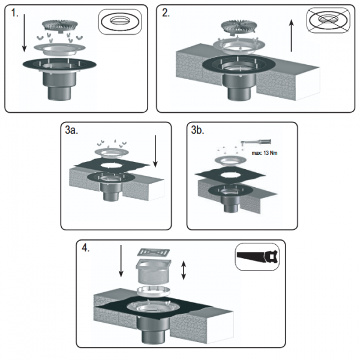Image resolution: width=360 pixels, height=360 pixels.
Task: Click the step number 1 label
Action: click(x=14, y=13)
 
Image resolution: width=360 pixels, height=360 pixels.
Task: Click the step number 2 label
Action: click(x=166, y=13)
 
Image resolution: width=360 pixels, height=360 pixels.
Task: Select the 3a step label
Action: click(x=71, y=130)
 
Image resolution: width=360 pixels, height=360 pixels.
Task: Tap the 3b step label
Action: click(x=197, y=130)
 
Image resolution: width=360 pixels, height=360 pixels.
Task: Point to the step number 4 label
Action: click(x=85, y=248)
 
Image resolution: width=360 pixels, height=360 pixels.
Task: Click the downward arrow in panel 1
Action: click(x=25, y=33)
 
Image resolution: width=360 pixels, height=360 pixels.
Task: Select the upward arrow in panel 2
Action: click(x=292, y=35)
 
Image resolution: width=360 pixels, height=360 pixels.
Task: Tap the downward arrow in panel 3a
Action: click(x=155, y=151)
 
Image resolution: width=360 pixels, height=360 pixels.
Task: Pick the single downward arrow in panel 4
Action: click(x=121, y=261)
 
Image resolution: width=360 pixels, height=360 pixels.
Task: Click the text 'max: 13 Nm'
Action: click(x=265, y=153)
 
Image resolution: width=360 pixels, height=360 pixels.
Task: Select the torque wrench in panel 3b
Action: click(x=256, y=142)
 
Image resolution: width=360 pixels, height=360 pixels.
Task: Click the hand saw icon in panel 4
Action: click(x=257, y=257)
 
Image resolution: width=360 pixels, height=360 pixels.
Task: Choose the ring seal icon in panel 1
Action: click(x=120, y=22)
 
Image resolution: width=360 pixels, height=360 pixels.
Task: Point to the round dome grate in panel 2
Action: click(x=239, y=26)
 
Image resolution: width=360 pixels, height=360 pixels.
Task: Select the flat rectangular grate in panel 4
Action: click(x=154, y=253)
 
